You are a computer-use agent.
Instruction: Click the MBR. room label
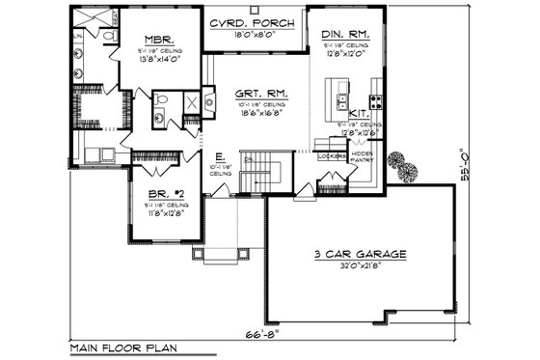(150, 42)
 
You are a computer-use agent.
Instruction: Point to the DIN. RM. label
(345, 34)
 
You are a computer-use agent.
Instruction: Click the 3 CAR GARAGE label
(358, 254)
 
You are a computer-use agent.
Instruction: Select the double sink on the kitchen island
(339, 100)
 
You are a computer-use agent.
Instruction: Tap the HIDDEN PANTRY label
(364, 157)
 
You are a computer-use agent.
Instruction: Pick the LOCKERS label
(337, 154)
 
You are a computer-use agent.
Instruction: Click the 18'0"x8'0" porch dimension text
(255, 36)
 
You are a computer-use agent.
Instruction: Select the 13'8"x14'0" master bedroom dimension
(150, 60)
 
